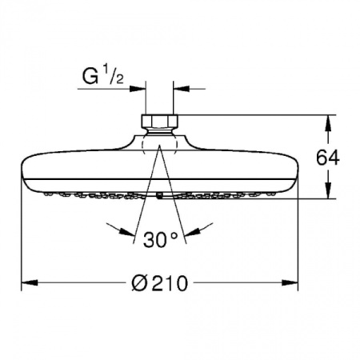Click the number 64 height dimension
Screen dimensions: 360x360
pos(328,158)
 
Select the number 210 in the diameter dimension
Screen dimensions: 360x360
pos(170,282)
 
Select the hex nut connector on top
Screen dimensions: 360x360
pos(158,123)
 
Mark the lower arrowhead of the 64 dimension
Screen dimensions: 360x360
pos(328,194)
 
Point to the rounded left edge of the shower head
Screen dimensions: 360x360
pos(22,171)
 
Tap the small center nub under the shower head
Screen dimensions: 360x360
pos(159,194)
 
